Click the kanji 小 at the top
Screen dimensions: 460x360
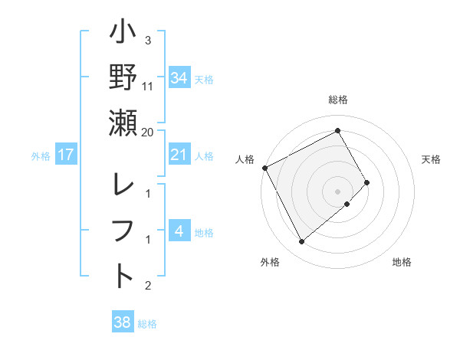[x=123, y=34]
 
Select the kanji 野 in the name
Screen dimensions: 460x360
[x=123, y=77]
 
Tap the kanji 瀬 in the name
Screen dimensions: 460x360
[x=123, y=123]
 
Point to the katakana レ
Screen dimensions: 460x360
[x=123, y=186]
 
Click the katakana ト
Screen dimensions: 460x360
[x=123, y=277]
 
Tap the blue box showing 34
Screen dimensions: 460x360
[x=179, y=77]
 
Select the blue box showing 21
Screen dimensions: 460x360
[x=179, y=155]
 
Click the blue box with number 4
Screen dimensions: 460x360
[x=179, y=232]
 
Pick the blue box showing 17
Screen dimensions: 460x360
[x=66, y=155]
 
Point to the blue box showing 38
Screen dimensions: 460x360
[x=122, y=323]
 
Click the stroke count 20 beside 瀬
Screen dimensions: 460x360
[x=148, y=132]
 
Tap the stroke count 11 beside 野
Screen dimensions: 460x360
[x=148, y=86]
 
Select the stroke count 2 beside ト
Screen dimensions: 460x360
[x=148, y=286]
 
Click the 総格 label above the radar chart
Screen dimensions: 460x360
[x=338, y=100]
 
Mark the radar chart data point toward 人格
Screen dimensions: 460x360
[x=264, y=168]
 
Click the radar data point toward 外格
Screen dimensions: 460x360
[x=301, y=242]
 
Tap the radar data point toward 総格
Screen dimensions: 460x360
[x=338, y=131]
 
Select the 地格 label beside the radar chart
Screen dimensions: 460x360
[x=402, y=262]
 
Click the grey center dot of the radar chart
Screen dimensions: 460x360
[x=338, y=191]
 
